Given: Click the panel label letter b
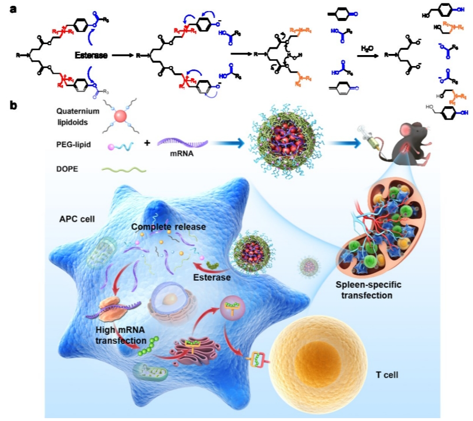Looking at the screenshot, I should pos(12,106).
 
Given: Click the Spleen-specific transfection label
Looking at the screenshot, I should pos(365,291).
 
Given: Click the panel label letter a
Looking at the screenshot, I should pos(12,10).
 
